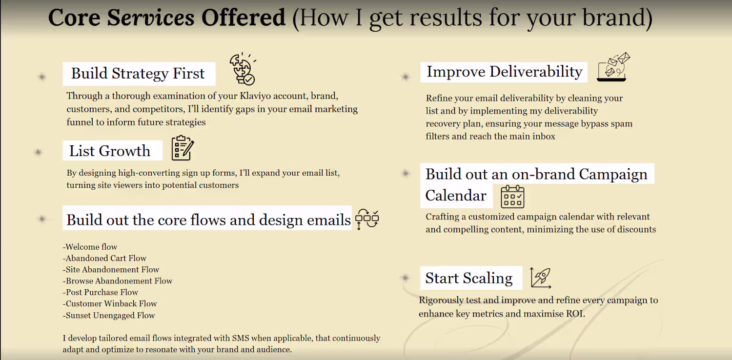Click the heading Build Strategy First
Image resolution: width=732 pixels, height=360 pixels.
(x=138, y=73)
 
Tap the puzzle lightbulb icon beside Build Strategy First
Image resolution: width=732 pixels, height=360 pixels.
(x=243, y=69)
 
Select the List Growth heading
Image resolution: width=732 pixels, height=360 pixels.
(x=109, y=151)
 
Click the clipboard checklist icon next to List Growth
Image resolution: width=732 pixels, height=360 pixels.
(x=183, y=148)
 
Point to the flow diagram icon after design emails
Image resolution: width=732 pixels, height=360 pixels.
(x=367, y=219)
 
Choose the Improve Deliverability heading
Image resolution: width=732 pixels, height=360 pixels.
(x=504, y=72)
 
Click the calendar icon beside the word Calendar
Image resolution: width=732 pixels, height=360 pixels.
(x=512, y=197)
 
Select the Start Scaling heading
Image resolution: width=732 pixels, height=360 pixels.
(x=468, y=278)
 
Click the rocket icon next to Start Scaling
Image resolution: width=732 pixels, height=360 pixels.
(x=541, y=278)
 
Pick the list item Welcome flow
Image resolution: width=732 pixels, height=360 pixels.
(x=90, y=247)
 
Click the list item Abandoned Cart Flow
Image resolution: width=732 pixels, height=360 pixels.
(x=104, y=259)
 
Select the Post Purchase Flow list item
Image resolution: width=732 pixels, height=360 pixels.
(x=101, y=292)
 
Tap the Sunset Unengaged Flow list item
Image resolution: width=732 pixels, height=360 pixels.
(x=109, y=316)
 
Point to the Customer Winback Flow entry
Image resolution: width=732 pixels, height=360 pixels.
(x=110, y=304)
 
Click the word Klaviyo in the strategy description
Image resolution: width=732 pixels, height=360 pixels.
(x=255, y=96)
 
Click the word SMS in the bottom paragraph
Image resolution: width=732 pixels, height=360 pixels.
(x=241, y=338)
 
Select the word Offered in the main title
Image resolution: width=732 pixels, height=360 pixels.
(x=243, y=18)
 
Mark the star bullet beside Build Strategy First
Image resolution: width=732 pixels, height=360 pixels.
(x=42, y=77)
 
